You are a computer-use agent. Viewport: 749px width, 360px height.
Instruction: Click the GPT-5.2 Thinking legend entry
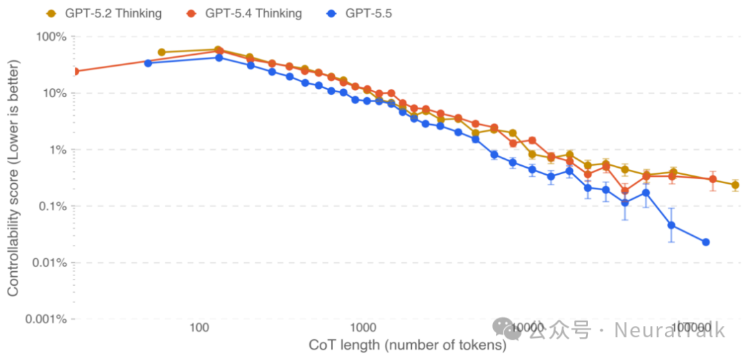[103, 13]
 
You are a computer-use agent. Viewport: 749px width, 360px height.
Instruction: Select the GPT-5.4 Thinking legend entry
[244, 13]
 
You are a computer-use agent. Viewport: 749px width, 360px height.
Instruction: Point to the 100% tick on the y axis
[51, 36]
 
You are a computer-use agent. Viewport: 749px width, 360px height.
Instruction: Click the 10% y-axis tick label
[53, 93]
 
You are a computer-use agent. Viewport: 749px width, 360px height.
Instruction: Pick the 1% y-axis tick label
[56, 150]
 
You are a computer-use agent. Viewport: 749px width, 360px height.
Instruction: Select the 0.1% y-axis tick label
[51, 206]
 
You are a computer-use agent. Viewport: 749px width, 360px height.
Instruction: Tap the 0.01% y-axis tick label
[48, 263]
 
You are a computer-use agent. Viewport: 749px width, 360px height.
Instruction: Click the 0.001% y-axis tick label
[45, 320]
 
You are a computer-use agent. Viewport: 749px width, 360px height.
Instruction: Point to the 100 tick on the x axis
[199, 327]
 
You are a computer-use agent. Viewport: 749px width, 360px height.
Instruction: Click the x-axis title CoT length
[406, 345]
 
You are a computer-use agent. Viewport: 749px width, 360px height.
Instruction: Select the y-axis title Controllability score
[13, 178]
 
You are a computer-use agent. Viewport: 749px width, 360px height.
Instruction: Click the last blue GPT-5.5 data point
[706, 242]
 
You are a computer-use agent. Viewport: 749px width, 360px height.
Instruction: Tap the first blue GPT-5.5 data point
[148, 63]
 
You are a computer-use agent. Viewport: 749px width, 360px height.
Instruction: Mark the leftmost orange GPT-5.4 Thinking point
[76, 71]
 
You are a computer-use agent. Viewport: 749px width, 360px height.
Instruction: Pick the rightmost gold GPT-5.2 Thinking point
[735, 185]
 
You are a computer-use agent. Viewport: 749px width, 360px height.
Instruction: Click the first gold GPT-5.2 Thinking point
[162, 52]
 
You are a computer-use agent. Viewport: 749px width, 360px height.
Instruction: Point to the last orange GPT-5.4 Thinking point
[712, 180]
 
